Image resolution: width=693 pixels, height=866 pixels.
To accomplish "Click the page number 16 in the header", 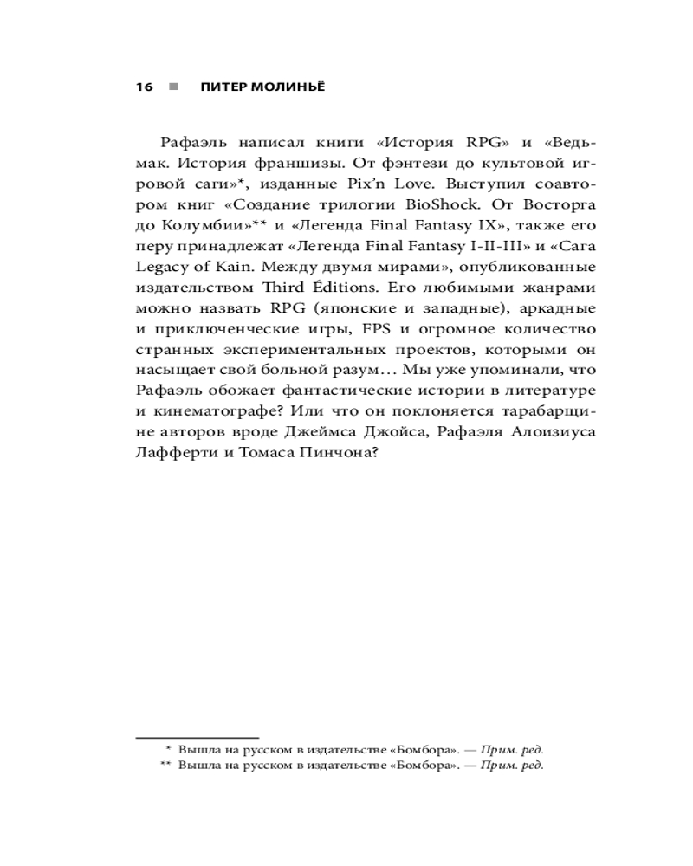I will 145,87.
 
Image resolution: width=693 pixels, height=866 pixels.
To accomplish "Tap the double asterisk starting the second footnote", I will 165,766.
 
